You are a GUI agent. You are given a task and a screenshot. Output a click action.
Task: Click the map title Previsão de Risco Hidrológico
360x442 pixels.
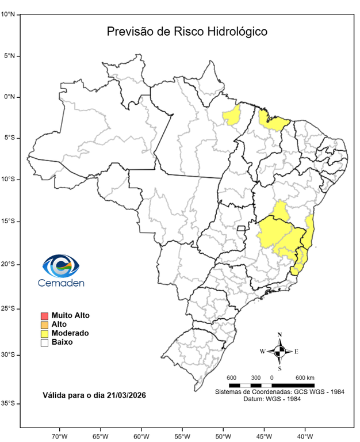(x=187, y=31)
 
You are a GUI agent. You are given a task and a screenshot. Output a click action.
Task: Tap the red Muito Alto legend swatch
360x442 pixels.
(x=44, y=316)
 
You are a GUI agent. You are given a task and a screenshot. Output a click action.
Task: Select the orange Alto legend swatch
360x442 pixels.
(x=44, y=325)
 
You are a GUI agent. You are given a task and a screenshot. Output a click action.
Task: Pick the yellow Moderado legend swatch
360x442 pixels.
(x=44, y=333)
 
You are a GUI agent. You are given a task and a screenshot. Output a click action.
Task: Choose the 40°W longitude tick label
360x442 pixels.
(x=305, y=435)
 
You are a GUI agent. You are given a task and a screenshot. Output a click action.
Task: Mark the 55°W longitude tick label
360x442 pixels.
(x=182, y=435)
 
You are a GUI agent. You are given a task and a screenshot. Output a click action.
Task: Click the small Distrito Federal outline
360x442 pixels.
(x=243, y=229)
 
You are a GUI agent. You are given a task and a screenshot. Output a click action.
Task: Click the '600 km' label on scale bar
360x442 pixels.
(x=305, y=378)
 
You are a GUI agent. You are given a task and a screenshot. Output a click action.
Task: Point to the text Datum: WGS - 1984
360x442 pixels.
(x=279, y=399)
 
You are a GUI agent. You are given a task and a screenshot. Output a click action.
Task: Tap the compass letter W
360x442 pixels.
(x=262, y=351)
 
